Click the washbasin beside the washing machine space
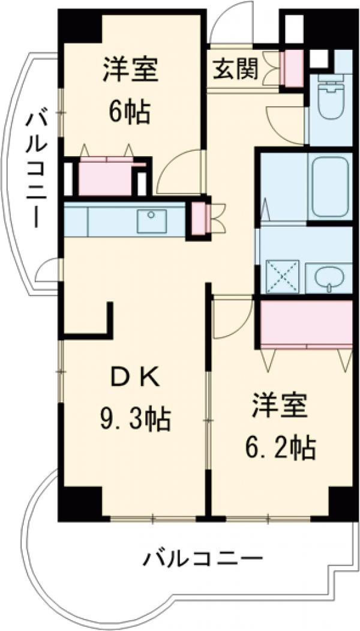pos(329,277)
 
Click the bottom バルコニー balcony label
pos(202,560)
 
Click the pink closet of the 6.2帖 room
pos(306,323)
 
